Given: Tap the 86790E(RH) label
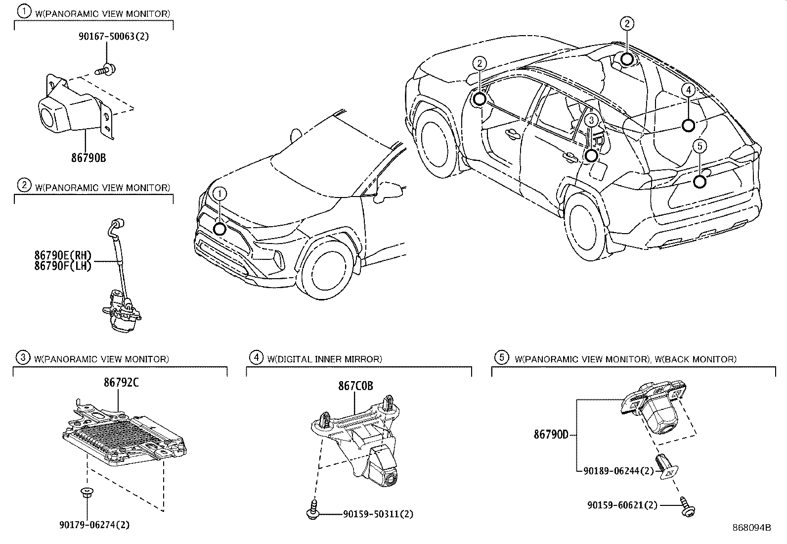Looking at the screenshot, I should tap(63, 255).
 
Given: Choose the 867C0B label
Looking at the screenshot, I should tap(355, 386).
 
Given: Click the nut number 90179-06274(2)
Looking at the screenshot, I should tap(94, 525).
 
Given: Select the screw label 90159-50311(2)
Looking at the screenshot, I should tap(378, 514).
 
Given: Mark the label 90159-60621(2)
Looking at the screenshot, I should tap(623, 505).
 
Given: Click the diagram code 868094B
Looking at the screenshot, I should tap(752, 527).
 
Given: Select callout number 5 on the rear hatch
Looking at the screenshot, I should tap(700, 146).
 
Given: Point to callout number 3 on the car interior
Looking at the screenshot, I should tap(591, 120).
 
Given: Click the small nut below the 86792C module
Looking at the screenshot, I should tap(87, 493).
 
